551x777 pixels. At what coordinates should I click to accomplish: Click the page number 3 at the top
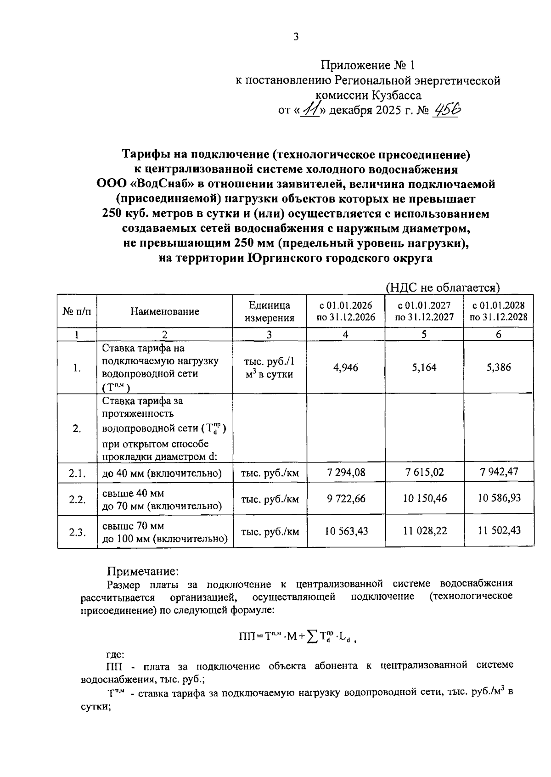tap(296, 37)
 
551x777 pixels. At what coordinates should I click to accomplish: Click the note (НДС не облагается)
tap(442, 287)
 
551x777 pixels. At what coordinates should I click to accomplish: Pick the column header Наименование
tap(165, 311)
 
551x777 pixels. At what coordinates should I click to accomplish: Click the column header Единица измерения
tap(270, 311)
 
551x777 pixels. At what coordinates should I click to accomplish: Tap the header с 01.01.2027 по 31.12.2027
tap(424, 311)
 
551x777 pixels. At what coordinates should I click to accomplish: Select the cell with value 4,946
tap(346, 367)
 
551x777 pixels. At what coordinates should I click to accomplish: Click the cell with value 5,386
tap(499, 367)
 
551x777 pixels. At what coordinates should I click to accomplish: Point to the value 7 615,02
tap(424, 472)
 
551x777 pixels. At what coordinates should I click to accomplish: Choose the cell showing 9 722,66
tap(346, 498)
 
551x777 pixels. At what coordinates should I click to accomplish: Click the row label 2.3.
tap(77, 532)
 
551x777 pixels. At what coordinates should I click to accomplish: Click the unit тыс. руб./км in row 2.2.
tap(270, 499)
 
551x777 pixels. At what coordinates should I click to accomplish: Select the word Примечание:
tap(142, 572)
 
